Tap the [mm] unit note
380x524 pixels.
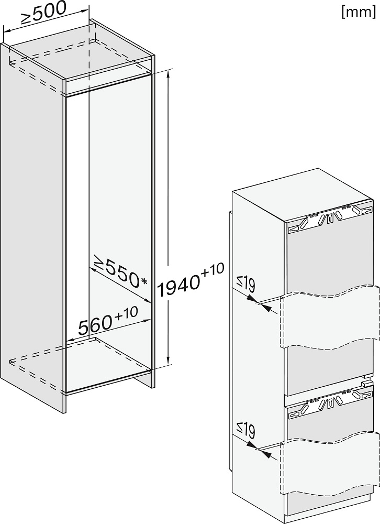coord(359,12)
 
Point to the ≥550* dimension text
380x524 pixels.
coord(120,271)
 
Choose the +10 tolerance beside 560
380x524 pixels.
coord(126,314)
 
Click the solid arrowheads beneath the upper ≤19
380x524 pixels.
coord(259,302)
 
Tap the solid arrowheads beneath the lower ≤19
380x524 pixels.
coord(259,449)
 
